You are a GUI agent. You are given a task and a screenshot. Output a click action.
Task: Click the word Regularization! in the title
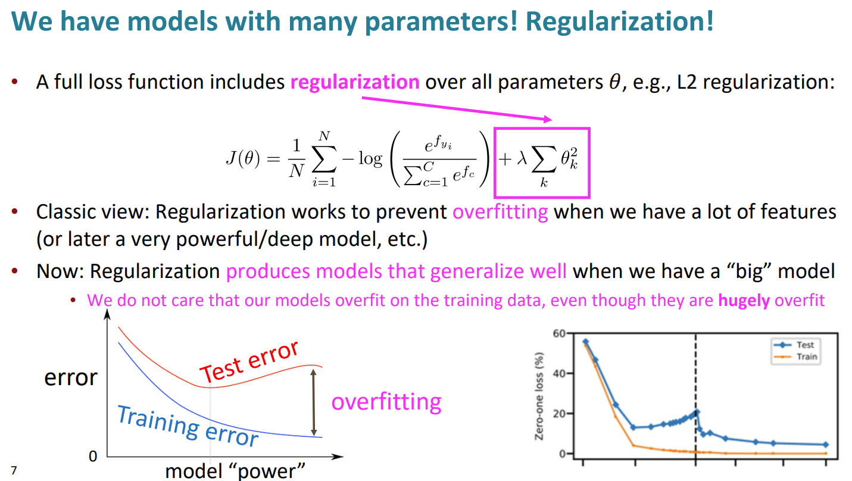coord(620,22)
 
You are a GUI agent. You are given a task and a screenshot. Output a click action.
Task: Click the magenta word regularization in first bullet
coord(355,82)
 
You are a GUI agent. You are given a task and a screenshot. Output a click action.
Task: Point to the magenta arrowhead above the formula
coord(548,119)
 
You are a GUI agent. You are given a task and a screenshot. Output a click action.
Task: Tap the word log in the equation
coord(370,158)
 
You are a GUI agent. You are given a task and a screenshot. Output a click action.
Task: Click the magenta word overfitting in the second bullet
coord(500,212)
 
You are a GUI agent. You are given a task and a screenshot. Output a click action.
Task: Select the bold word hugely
coord(744,301)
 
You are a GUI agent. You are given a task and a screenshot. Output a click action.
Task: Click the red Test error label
coord(249,361)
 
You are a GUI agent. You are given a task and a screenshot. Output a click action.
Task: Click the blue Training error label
coord(188,426)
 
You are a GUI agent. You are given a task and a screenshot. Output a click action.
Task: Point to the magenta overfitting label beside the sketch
coord(386,402)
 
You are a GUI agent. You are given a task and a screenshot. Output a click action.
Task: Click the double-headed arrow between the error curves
coord(313,402)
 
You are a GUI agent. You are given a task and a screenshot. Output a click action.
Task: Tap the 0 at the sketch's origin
coord(93,456)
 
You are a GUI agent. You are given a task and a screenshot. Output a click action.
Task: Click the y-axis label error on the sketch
coord(71,377)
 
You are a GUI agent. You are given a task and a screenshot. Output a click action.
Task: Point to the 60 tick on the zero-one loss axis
coord(559,333)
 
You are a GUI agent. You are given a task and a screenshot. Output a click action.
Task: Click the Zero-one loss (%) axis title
coord(539,396)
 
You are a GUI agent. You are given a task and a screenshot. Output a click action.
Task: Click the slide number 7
coord(14,470)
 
